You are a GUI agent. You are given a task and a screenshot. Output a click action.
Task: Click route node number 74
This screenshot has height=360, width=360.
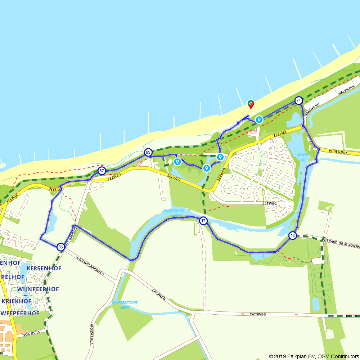pos(298,100)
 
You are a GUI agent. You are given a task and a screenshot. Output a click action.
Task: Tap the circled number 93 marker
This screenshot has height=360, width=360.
pos(148,153)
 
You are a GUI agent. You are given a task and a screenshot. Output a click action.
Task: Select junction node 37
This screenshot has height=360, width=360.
pos(102,171)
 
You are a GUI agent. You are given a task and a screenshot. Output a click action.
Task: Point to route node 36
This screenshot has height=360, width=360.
pos(60,247)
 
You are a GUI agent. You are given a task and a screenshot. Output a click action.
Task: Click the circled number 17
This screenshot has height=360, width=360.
pos(203,221)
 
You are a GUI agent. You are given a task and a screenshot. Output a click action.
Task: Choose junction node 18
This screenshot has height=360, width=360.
pos(292,236)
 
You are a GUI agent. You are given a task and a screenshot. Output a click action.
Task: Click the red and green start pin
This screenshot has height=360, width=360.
pos(251,104)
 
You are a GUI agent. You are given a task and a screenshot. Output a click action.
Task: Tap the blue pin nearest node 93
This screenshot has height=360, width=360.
pos(177,161)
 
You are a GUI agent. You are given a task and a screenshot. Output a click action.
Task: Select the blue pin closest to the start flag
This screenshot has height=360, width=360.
pos(259,119)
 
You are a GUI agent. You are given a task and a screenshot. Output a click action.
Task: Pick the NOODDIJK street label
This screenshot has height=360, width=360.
pos(31,334)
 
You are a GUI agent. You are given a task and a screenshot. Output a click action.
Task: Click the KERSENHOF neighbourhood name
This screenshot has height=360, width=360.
pos(44,269)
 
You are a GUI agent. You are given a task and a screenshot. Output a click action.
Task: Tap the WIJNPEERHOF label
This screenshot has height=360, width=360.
pos(38,289)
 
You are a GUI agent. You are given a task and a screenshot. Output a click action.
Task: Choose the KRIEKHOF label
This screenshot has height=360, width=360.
pos(16,301)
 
